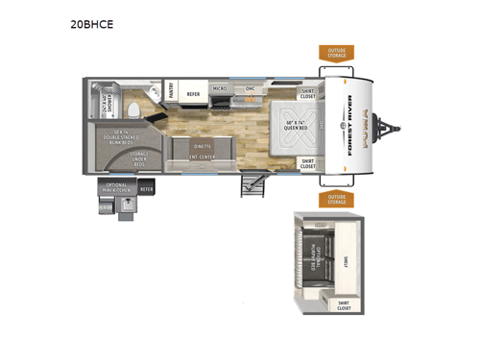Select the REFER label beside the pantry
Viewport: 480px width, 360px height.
pyautogui.click(x=192, y=94)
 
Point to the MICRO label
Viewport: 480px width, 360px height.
pyautogui.click(x=219, y=88)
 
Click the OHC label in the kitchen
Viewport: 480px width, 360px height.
pyautogui.click(x=250, y=88)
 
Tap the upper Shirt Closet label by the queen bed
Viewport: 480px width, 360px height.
pyautogui.click(x=308, y=93)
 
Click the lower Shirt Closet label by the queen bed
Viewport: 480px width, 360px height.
pyautogui.click(x=308, y=164)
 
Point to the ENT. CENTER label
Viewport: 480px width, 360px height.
pyautogui.click(x=201, y=156)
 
